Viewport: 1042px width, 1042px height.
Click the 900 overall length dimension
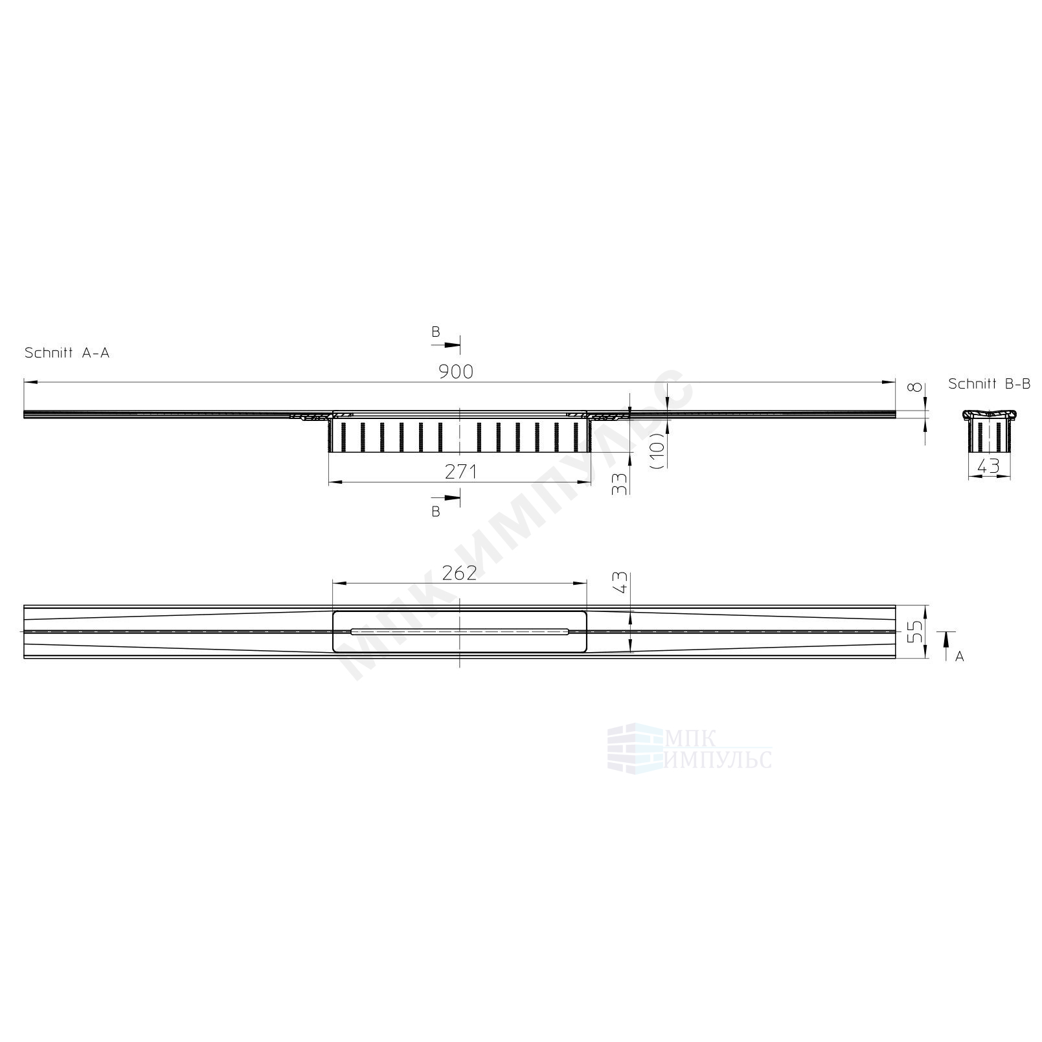point(456,372)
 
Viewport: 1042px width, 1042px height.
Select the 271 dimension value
point(461,472)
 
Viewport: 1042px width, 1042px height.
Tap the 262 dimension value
point(459,573)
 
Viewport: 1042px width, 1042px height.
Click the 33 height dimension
point(620,484)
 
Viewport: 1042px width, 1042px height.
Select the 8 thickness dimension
point(914,387)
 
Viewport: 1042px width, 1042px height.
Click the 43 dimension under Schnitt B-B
point(988,466)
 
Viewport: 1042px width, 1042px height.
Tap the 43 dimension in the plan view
point(620,582)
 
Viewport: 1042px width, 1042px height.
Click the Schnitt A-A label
point(67,353)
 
